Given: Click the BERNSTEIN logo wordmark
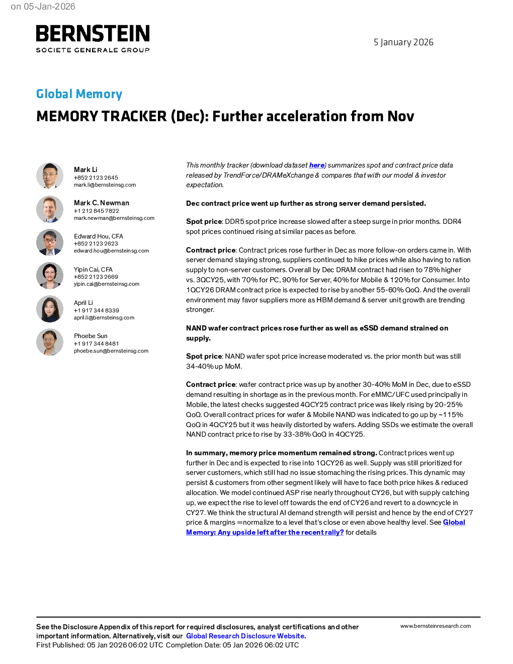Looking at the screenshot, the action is (x=93, y=33).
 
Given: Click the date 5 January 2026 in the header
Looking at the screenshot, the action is (x=403, y=42).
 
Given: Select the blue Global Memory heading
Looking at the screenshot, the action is (x=79, y=94).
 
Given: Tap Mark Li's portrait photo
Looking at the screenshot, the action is (x=50, y=176).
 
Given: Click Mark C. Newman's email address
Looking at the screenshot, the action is (x=114, y=218).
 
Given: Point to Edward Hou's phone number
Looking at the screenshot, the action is (x=96, y=243).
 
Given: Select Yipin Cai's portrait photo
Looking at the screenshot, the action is (x=50, y=276).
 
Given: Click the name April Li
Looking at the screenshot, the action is (x=83, y=302).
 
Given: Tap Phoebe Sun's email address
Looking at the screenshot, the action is (x=111, y=351).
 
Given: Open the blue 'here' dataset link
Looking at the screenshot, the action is (x=316, y=165).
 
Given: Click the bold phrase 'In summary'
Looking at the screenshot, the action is (x=206, y=453).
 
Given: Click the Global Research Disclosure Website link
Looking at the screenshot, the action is (x=245, y=636).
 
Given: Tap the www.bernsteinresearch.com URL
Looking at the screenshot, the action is (x=436, y=626).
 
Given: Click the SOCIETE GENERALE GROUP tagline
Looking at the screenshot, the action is (x=93, y=50).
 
